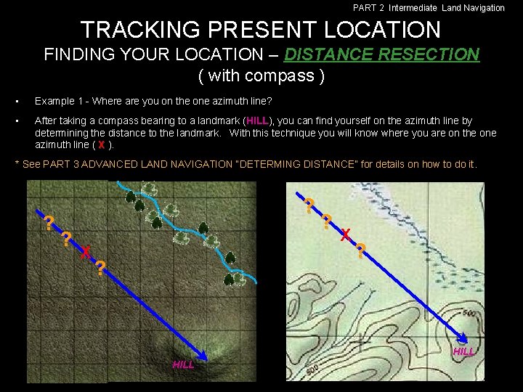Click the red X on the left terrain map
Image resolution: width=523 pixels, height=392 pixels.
point(85,252)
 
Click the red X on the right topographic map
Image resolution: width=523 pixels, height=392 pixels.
point(346,233)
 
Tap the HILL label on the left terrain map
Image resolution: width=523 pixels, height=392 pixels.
point(183,364)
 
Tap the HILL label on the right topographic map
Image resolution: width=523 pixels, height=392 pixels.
point(464,351)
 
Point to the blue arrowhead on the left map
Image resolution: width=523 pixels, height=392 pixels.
point(203,354)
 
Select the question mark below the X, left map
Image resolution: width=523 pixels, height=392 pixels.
point(100,268)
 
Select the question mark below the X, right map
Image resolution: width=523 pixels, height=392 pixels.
point(360,251)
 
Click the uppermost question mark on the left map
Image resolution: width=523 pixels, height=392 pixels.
point(48,223)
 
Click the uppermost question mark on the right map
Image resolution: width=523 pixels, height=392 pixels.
point(309,205)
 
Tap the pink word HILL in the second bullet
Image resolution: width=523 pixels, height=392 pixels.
point(257,121)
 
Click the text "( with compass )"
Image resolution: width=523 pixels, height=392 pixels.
point(261,75)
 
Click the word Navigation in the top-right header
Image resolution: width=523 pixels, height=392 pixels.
point(484,8)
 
